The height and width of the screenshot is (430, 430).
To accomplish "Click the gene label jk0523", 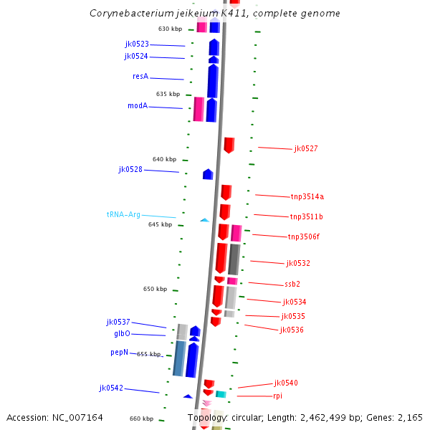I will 137,44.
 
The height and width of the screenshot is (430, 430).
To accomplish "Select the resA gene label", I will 140,77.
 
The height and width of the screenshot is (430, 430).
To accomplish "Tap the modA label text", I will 138,106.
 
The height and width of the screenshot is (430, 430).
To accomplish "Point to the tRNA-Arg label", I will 123,214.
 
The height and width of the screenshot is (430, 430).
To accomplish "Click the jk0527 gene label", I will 306,149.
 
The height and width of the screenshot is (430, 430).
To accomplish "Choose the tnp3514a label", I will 307,196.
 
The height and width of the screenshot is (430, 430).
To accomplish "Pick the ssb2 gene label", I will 292,285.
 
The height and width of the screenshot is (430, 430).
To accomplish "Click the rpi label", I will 278,396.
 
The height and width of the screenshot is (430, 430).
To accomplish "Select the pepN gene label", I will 120,353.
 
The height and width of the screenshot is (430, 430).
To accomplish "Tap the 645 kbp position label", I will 160,224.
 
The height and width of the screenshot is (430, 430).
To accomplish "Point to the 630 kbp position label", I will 171,29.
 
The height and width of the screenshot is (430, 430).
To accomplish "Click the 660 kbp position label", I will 141,419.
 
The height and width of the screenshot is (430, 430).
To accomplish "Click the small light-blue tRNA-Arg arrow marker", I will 204,220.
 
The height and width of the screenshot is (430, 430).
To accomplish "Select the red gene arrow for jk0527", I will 229,145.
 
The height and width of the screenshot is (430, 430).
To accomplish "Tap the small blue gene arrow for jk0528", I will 208,174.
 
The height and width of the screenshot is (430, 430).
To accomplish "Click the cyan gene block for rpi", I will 221,394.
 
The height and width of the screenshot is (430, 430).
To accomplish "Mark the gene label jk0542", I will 111,388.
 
